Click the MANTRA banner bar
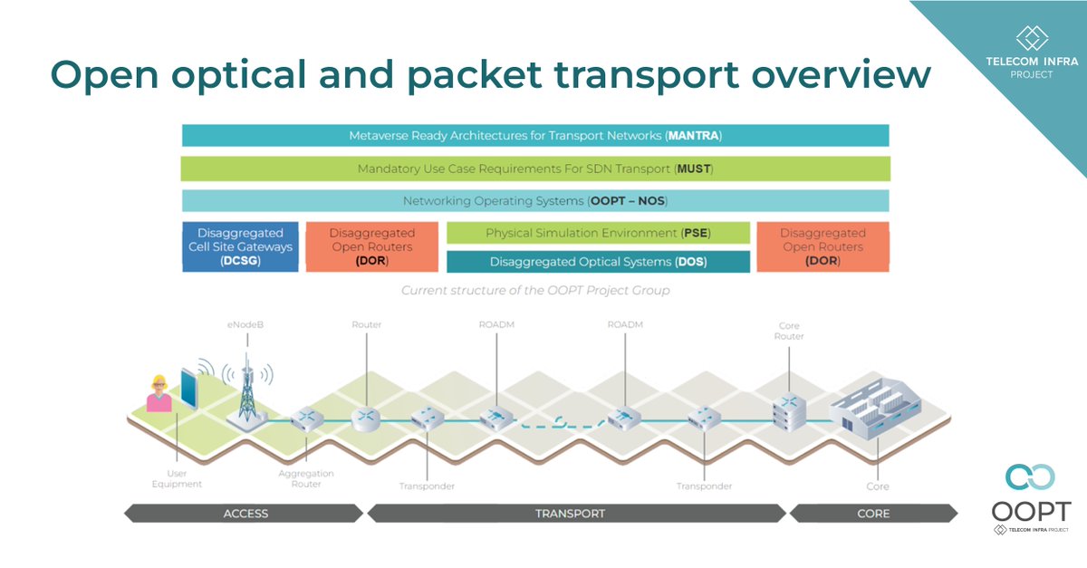(x=534, y=136)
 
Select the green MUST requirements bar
(x=534, y=168)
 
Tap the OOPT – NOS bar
(x=534, y=201)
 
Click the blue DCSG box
(x=240, y=246)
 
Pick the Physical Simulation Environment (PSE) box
(x=598, y=233)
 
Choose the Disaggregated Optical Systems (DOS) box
(x=598, y=262)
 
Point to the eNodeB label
(x=245, y=324)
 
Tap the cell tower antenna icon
(x=245, y=390)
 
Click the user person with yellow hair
(x=159, y=394)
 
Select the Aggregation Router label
(x=306, y=478)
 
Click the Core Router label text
(x=789, y=331)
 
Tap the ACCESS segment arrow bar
(x=245, y=514)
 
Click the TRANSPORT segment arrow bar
(x=576, y=514)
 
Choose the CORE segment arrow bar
(x=872, y=514)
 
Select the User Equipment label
(x=177, y=478)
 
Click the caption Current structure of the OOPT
(x=534, y=291)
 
